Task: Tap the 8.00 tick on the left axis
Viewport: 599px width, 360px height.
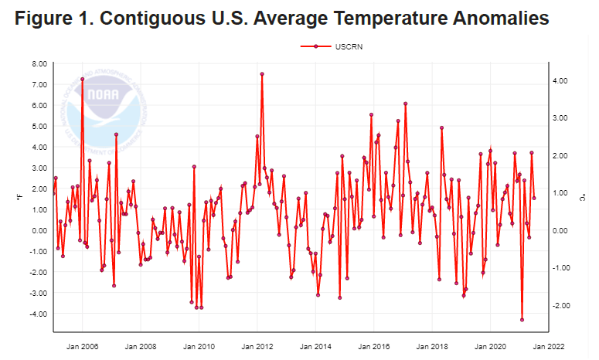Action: (x=38, y=63)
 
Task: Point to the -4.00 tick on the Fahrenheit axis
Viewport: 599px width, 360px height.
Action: (x=36, y=314)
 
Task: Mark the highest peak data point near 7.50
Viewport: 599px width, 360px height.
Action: (x=262, y=74)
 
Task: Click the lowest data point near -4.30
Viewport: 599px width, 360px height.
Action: (x=522, y=320)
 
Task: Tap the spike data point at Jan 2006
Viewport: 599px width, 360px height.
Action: (x=82, y=79)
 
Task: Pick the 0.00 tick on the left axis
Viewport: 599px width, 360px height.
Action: (x=38, y=230)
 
